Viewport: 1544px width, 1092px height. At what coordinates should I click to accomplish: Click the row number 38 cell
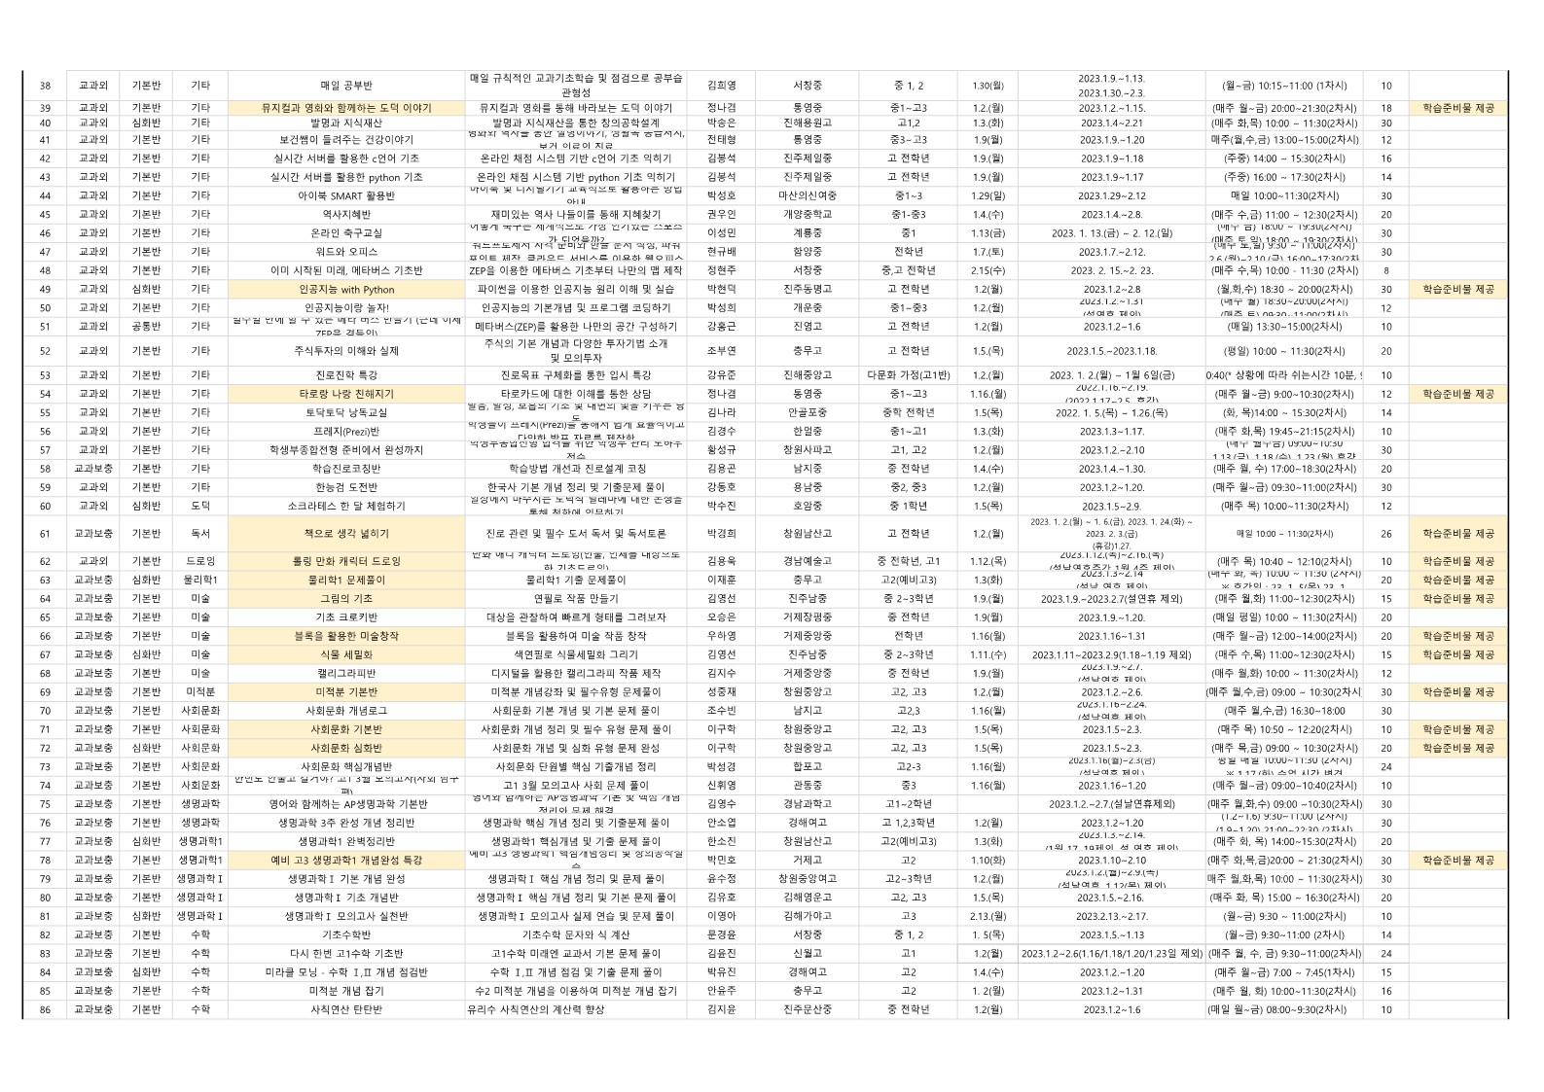[x=45, y=86]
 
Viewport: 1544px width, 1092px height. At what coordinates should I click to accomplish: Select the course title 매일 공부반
[x=346, y=86]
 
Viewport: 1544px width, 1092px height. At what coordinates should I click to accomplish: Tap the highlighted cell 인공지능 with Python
[x=346, y=289]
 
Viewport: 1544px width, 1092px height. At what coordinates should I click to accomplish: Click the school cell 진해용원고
[x=807, y=123]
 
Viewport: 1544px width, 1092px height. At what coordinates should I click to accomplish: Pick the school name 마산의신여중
[x=807, y=195]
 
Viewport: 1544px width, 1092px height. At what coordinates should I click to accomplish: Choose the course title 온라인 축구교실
[x=346, y=233]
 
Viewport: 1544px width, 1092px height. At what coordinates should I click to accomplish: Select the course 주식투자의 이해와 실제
[x=346, y=351]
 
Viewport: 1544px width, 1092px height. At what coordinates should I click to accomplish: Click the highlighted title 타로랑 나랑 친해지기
[x=346, y=394]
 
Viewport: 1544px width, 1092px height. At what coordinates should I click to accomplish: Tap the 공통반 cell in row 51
[x=146, y=327]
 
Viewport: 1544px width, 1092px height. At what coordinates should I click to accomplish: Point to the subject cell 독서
[x=200, y=534]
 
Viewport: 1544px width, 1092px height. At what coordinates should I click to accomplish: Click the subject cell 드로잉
[x=200, y=561]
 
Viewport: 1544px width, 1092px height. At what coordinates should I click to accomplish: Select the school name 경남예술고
[x=807, y=561]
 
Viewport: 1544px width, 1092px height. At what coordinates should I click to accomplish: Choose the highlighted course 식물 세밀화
[x=346, y=654]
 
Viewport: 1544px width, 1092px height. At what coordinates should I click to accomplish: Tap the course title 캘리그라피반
[x=346, y=673]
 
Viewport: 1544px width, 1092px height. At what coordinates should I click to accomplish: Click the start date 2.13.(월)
[x=987, y=916]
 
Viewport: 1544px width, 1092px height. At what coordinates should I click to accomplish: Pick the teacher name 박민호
[x=721, y=860]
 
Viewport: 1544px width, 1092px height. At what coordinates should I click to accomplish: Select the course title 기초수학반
[x=346, y=934]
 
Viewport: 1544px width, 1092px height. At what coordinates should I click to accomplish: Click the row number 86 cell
[x=45, y=1009]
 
